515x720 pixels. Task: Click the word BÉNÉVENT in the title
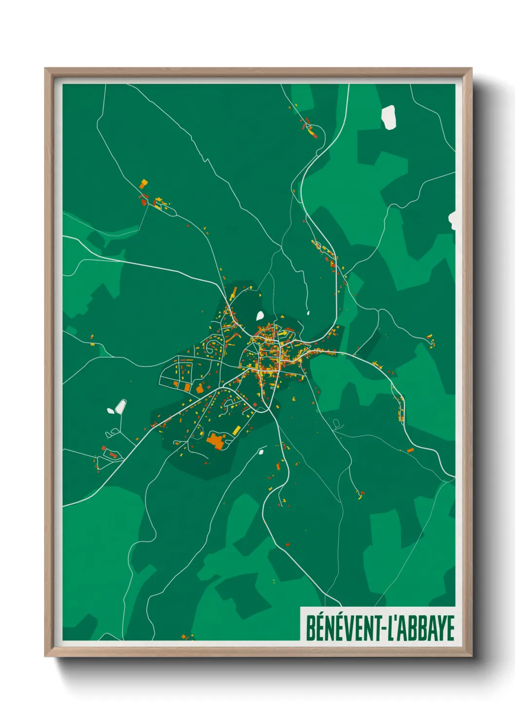pos(344,628)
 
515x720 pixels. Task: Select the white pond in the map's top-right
pos(388,117)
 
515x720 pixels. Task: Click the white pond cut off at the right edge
pos(452,220)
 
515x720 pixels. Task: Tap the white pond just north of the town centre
pos(260,316)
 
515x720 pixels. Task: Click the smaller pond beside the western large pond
pos(110,411)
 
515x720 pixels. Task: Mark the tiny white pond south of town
pos(261,452)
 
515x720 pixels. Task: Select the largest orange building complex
pos(215,441)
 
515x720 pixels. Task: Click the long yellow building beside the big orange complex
pos(237,430)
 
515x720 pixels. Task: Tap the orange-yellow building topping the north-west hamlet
pos(143,183)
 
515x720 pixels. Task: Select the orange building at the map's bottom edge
pos(184,636)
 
